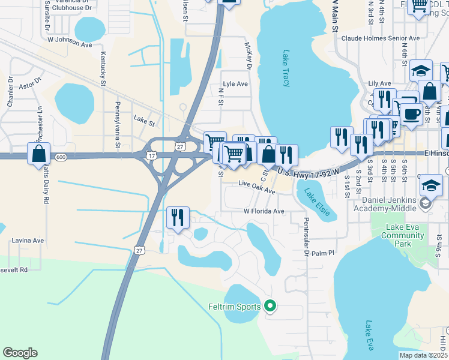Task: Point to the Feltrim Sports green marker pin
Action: click(270, 306)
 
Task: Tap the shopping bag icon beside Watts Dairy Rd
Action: click(38, 154)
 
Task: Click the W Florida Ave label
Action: click(264, 211)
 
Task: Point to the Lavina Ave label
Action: click(28, 241)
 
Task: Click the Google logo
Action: click(20, 353)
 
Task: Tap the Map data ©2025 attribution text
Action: click(423, 355)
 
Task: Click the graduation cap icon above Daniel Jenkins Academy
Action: click(431, 184)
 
